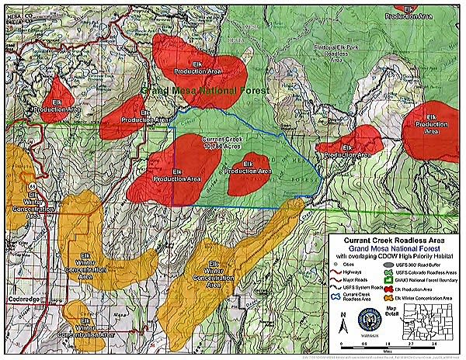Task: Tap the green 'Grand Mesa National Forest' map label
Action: point(205,91)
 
